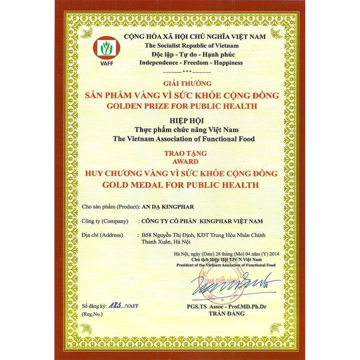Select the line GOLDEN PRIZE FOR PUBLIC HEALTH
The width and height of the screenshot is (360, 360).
click(182, 106)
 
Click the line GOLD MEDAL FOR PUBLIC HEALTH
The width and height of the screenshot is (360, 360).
click(182, 185)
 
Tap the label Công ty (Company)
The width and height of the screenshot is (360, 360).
click(105, 221)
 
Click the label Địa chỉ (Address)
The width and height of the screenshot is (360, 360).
click(102, 235)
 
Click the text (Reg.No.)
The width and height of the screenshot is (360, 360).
click(91, 314)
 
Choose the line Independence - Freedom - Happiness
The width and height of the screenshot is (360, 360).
click(191, 63)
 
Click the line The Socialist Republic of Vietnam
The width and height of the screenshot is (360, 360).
click(192, 45)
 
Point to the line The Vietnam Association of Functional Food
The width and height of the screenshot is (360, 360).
click(184, 139)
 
